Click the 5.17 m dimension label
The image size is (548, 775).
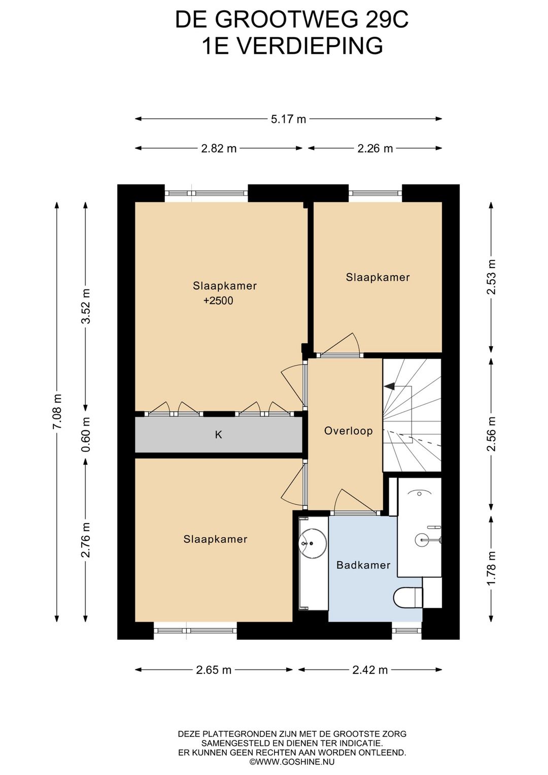pos(288,119)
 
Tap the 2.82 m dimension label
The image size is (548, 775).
pos(219,148)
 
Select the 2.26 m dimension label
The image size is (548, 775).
pos(375,148)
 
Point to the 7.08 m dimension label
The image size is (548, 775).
pos(57,411)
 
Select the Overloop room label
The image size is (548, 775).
pos(348,431)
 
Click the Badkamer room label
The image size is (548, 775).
pos(363,565)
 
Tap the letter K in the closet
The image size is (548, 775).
pos(218,435)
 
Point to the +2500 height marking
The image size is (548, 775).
pos(218,301)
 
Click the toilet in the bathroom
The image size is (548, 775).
pos(408,597)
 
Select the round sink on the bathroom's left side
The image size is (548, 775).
pos(313,543)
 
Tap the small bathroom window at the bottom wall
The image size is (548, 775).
pos(406,630)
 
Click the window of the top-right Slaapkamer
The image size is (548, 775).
pos(375,193)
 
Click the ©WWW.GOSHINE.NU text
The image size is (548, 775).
pos(292,761)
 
